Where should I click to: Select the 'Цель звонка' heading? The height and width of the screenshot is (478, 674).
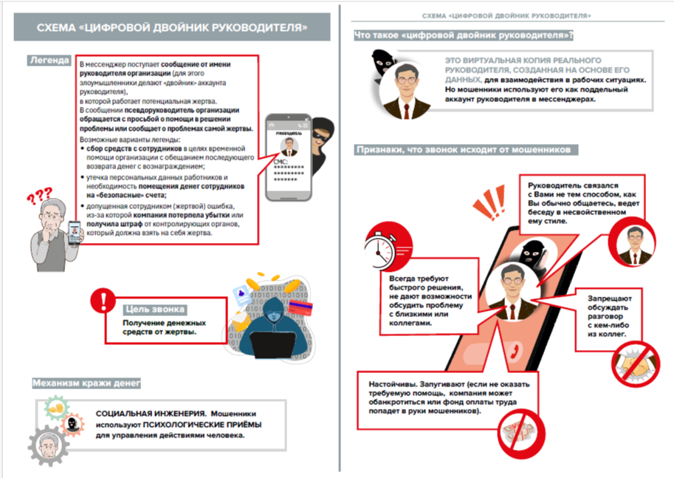(x=154, y=310)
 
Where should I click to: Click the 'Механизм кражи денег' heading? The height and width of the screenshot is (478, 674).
(x=87, y=383)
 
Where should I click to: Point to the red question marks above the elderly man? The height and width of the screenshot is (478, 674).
(x=38, y=199)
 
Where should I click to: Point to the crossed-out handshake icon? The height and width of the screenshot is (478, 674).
(x=633, y=362)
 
